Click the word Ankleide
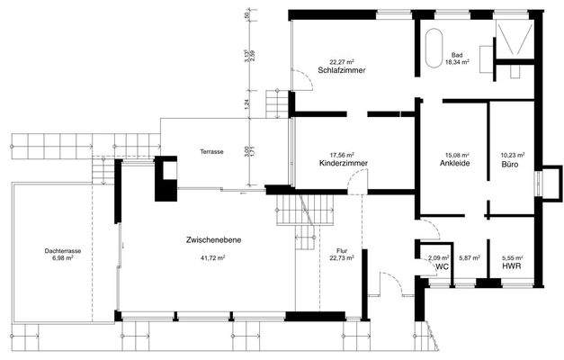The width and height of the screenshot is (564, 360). pos(452,164)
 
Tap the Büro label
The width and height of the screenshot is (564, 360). pos(509,164)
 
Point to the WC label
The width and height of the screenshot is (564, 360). pos(441,267)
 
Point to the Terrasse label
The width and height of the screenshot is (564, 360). pos(211,152)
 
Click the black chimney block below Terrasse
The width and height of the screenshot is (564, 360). pos(166,179)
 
